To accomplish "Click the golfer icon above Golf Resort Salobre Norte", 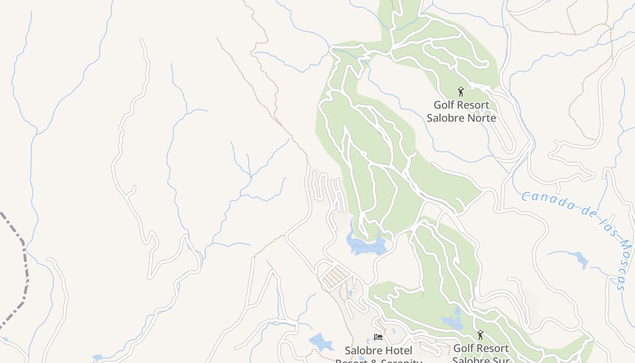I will coord(461,92).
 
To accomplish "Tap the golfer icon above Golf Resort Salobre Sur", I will coord(480,335).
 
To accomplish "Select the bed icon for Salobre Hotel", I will coord(378,337).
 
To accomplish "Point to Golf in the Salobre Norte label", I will coord(444,105).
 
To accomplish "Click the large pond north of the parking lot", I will coord(366,245).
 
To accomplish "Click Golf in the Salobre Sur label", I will coord(463,348).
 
